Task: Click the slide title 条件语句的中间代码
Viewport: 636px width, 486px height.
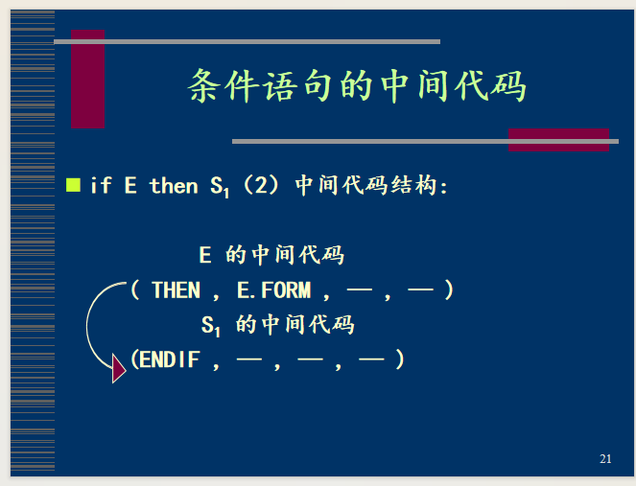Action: tap(357, 86)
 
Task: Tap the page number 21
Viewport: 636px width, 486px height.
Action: tap(605, 459)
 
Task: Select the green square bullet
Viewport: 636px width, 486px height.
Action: tap(73, 185)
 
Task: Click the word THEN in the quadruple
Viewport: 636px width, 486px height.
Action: tap(177, 290)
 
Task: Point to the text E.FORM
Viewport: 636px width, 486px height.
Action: tap(273, 290)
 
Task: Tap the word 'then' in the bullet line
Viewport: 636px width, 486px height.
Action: tap(174, 186)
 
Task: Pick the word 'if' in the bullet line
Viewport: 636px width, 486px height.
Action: tap(101, 185)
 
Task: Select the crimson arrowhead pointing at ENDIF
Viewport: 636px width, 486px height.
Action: tap(118, 369)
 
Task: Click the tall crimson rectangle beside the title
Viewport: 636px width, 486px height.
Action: tap(87, 79)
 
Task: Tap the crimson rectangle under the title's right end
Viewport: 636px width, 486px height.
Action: tap(558, 140)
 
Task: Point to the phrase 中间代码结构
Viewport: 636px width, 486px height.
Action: tap(365, 185)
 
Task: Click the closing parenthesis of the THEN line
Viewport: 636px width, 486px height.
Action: tap(449, 290)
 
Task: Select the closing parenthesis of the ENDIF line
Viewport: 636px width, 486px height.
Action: tap(400, 359)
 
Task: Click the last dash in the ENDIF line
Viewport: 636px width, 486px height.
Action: tap(371, 359)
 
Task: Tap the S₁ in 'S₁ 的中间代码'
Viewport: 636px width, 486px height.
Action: tap(210, 326)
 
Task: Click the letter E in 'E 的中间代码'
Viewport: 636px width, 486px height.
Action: tap(205, 255)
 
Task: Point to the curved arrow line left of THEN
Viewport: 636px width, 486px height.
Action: tap(87, 324)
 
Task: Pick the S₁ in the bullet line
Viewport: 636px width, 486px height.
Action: tap(220, 187)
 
